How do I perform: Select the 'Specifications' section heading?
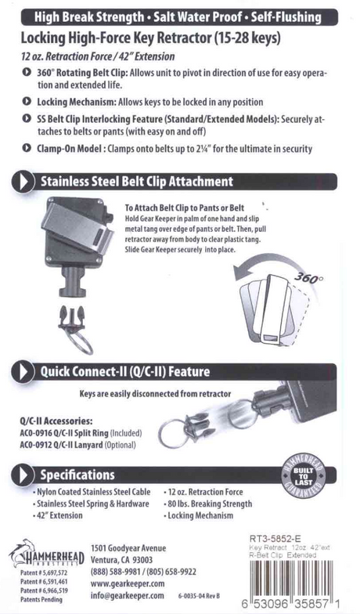(x=77, y=475)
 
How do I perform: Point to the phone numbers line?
(x=143, y=572)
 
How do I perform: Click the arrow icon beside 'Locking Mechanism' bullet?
(x=28, y=102)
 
